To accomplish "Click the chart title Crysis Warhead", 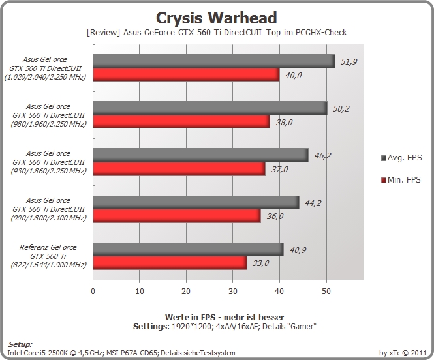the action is coord(217,18).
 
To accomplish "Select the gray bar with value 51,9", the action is coord(214,61).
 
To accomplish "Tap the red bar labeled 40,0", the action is coord(186,74).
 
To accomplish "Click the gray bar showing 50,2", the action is coord(210,108).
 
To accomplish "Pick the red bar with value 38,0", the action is coord(181,122).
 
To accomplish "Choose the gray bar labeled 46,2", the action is coord(200,155).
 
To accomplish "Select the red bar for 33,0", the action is coord(170,263).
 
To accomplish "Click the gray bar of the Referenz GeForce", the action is coord(188,249).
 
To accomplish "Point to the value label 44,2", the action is coord(313,203).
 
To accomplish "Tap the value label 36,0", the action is coord(275,217).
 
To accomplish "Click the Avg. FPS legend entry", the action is coord(401,158).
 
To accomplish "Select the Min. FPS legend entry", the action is coord(401,180).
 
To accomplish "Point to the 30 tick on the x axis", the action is coord(233,291).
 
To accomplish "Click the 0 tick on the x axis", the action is coord(93,291).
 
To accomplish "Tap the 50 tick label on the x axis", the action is coord(326,291).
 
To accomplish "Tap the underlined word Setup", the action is coord(20,344).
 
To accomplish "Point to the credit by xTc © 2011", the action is coord(403,353).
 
